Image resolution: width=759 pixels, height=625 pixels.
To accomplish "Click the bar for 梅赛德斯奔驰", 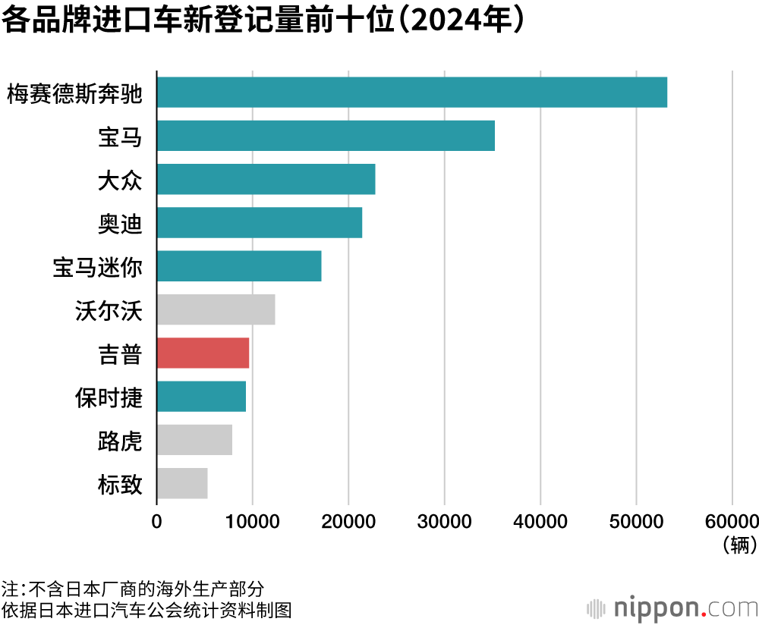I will [x=411, y=93].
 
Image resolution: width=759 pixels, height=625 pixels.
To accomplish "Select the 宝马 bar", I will [x=326, y=136].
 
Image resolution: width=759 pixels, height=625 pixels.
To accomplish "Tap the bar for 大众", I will [x=266, y=179].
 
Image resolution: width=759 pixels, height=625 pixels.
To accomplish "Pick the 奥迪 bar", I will [x=259, y=222].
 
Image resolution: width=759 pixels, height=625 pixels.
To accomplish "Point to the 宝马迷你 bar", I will [x=238, y=266].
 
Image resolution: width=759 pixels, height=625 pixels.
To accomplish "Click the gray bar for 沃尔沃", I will [x=216, y=309].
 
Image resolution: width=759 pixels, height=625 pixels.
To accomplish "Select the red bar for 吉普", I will [x=203, y=353].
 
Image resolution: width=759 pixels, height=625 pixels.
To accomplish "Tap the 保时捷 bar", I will [x=201, y=396].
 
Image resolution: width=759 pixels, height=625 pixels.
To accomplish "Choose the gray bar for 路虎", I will [x=194, y=440].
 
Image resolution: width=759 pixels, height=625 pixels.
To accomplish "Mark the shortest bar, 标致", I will [x=182, y=483].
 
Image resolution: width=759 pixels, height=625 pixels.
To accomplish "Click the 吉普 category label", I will [x=120, y=353].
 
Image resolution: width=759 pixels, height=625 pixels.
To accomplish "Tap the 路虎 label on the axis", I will [x=120, y=441].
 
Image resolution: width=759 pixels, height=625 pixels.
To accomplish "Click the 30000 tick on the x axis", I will [x=444, y=521].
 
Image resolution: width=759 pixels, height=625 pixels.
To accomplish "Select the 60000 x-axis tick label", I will [x=730, y=521].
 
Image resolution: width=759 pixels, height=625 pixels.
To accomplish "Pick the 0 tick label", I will [x=157, y=521].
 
